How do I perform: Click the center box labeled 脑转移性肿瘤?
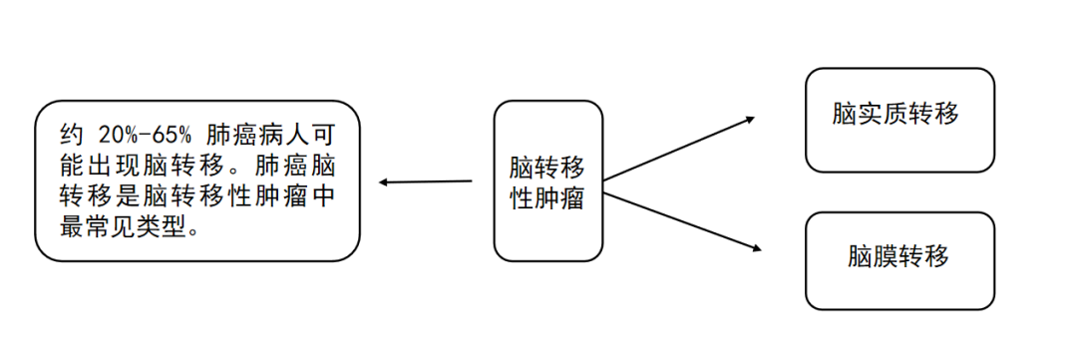coord(547,180)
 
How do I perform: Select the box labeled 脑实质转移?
coord(899,119)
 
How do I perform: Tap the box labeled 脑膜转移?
coord(899,258)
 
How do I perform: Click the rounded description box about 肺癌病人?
coord(196,180)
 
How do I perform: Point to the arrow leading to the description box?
coord(426,182)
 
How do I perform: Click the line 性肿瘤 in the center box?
coord(546,197)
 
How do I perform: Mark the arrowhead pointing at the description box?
coord(384,182)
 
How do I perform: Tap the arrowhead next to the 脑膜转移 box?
coord(756,249)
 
